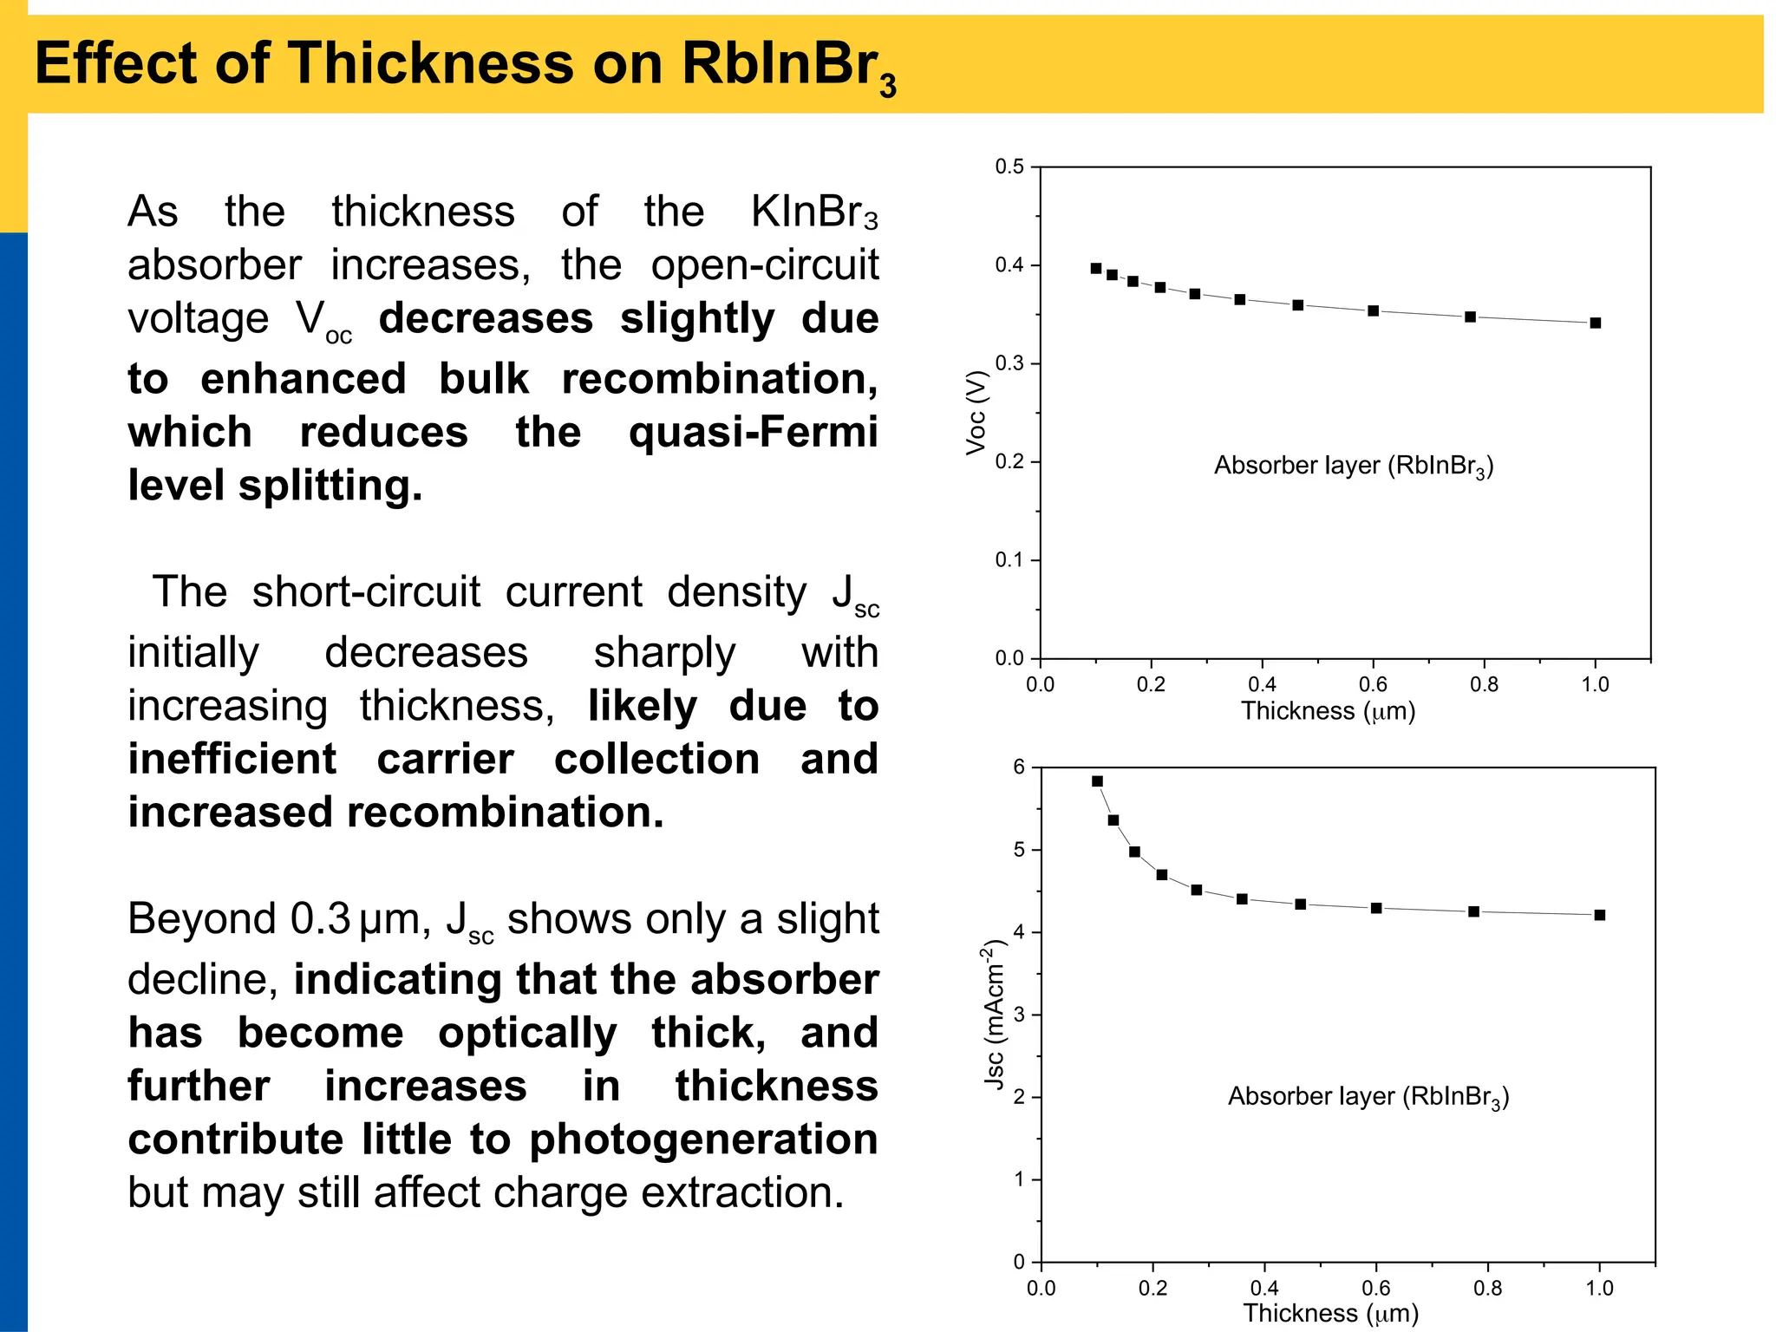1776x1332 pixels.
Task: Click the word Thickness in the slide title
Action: coord(430,63)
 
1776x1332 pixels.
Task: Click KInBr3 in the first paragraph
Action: coord(813,212)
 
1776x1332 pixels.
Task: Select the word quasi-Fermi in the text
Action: coord(753,432)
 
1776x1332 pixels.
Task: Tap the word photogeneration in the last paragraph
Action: coord(703,1139)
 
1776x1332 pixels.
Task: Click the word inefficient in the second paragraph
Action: coord(232,760)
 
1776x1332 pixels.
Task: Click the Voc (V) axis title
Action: coord(976,412)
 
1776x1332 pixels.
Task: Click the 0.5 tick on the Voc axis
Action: coord(1009,166)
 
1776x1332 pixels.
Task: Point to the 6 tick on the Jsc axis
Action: coord(1019,767)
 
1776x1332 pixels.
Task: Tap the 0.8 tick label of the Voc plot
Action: coord(1484,685)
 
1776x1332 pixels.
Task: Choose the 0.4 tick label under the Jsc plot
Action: coord(1263,1289)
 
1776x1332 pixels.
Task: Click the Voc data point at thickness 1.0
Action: coord(1596,323)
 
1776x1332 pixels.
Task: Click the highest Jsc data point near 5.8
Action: coord(1097,781)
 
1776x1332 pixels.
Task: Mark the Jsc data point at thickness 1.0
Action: coord(1600,915)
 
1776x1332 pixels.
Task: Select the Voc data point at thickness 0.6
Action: coord(1374,310)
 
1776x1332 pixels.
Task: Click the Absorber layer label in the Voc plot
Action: coord(1353,467)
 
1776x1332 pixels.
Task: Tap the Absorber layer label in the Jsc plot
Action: coord(1368,1097)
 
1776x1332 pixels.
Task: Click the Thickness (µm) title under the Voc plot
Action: coord(1328,712)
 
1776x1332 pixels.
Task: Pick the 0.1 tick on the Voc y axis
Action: coord(1009,560)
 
